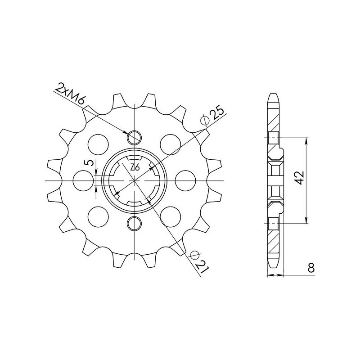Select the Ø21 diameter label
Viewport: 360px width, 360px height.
(x=199, y=261)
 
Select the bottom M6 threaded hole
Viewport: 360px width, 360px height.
(x=135, y=223)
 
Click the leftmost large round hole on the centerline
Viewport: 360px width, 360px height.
(x=84, y=180)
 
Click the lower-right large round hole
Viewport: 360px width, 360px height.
(x=170, y=216)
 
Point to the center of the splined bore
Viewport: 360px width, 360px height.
(x=135, y=180)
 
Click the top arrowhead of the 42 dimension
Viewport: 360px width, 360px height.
(x=306, y=140)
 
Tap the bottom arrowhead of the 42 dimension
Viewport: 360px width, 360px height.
(x=306, y=220)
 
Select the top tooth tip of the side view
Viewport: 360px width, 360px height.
(x=274, y=94)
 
